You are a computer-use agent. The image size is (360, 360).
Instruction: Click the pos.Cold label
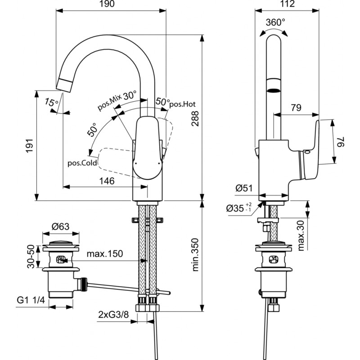(x=82, y=163)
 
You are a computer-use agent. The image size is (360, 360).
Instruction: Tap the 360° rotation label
(x=275, y=22)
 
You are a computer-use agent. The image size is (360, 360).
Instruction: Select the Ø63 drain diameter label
(x=60, y=227)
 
